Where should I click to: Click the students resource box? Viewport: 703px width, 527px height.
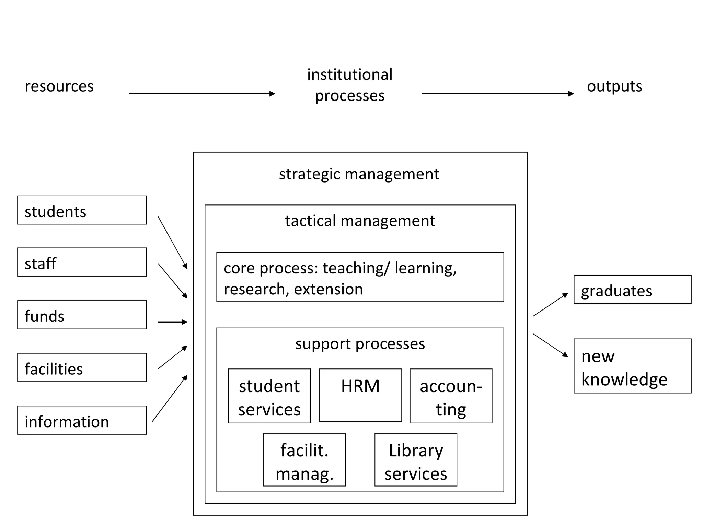[82, 210]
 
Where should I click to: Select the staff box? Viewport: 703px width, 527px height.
[82, 262]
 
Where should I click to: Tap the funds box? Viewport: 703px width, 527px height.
[82, 315]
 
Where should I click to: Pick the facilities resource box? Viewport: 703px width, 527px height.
[82, 367]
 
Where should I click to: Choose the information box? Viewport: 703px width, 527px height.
[82, 420]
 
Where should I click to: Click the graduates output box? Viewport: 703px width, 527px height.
[632, 290]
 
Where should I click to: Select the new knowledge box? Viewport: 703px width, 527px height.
[632, 366]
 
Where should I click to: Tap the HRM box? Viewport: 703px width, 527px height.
[360, 395]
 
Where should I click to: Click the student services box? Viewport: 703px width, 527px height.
[269, 396]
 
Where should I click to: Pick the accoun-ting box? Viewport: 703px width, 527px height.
[451, 396]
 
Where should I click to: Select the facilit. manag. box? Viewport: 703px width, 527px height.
[304, 460]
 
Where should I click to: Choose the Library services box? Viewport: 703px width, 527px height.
[416, 460]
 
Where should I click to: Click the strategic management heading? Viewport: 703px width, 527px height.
[359, 174]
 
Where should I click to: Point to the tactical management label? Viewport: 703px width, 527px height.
[360, 221]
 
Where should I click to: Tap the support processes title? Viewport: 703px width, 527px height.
[360, 343]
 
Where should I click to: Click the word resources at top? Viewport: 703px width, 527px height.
[59, 86]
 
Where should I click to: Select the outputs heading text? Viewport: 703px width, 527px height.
[614, 86]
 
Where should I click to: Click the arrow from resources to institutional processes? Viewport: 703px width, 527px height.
[202, 94]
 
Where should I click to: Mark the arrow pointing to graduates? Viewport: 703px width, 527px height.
[551, 304]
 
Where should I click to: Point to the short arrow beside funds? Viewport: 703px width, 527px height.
[172, 322]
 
